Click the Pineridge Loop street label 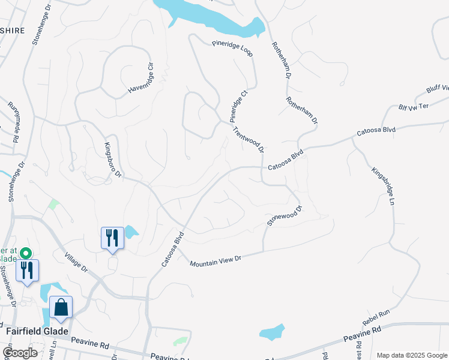(233, 49)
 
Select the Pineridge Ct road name (238, 106)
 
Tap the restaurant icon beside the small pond (112, 238)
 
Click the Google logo (20, 353)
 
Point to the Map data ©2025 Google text (411, 355)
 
